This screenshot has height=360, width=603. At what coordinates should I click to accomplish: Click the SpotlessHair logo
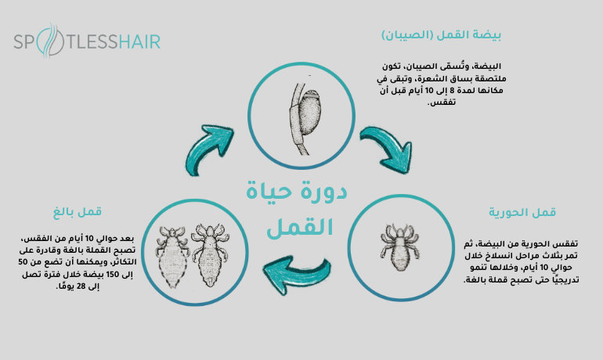point(86,41)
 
